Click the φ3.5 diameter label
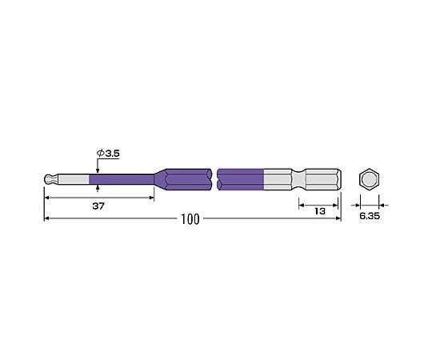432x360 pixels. pos(108,154)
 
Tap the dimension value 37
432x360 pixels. pos(98,206)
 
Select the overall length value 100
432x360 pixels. pos(190,219)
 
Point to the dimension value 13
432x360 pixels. pos(320,211)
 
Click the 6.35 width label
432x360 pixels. pos(370,216)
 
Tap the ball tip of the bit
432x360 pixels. pos(49,179)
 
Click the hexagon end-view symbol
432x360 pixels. pos(370,179)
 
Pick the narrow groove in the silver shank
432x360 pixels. pos(298,179)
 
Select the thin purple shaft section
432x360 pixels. pos(122,179)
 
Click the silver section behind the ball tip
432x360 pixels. pos(74,179)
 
